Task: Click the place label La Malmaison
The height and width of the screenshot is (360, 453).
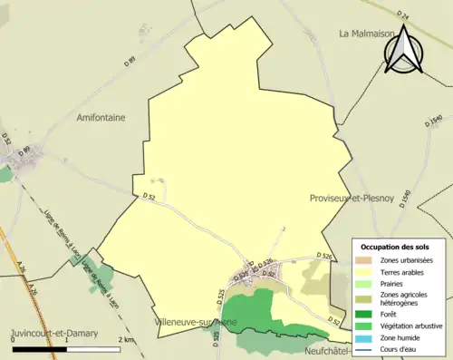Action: pyautogui.click(x=369, y=34)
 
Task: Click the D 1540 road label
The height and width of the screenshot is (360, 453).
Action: pyautogui.click(x=435, y=122)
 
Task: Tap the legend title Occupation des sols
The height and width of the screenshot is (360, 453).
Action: pyautogui.click(x=395, y=247)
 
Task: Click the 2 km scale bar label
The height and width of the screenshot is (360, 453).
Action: pyautogui.click(x=127, y=340)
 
